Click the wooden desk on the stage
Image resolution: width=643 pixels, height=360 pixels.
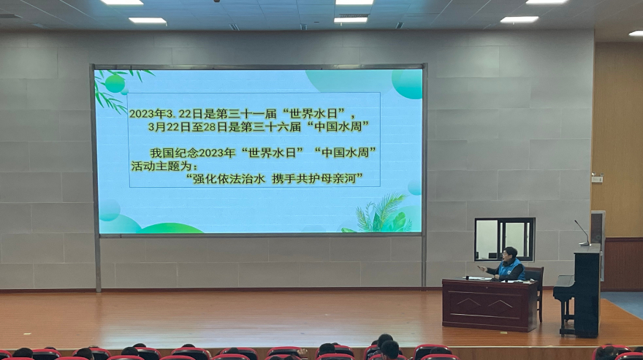tap(490, 305)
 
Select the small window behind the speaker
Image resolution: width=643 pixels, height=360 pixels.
tap(505, 240)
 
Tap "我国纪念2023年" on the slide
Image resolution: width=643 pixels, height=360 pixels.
tap(192, 153)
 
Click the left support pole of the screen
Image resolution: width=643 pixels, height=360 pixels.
tap(98, 262)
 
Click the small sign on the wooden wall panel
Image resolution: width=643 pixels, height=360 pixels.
tap(597, 179)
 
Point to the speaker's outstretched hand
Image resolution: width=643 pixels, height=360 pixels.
tap(482, 269)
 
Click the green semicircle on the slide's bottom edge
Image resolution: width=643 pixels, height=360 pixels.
tap(170, 228)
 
